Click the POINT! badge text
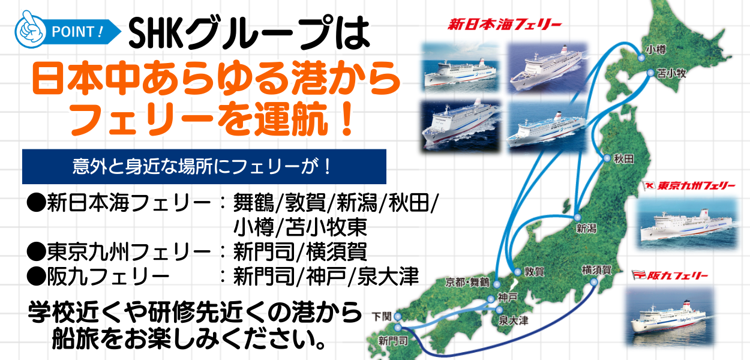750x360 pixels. coord(77,32)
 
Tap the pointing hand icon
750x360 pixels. coord(30,29)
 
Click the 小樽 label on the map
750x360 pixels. coord(656,50)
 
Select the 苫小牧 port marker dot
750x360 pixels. coord(650,73)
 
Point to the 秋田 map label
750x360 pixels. coord(624,159)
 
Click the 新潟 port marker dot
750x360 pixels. coord(577,217)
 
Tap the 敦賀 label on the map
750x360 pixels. coord(534,271)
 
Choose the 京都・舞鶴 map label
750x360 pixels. coord(467,283)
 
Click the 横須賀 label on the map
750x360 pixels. coord(596,270)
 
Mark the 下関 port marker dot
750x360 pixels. coord(397,316)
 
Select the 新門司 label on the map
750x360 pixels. coord(393,341)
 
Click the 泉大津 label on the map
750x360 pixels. coord(513,320)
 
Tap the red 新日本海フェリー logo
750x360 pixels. coord(504,25)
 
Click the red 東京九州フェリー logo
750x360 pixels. coord(689,185)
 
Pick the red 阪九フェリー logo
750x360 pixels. coord(670,275)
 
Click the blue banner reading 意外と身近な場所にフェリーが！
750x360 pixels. coord(204,167)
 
